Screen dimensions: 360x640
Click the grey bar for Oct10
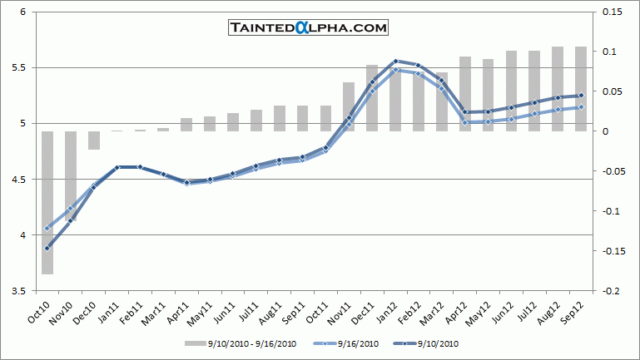point(47,202)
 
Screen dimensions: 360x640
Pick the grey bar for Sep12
point(581,89)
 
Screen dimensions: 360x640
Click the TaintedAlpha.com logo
point(309,28)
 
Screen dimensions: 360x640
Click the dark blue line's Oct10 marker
point(47,248)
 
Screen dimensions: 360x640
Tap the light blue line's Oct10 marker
point(47,228)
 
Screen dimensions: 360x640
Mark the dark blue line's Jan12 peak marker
point(395,61)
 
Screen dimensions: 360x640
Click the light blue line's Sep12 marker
point(581,106)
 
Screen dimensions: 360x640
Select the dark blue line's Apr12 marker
point(464,112)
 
